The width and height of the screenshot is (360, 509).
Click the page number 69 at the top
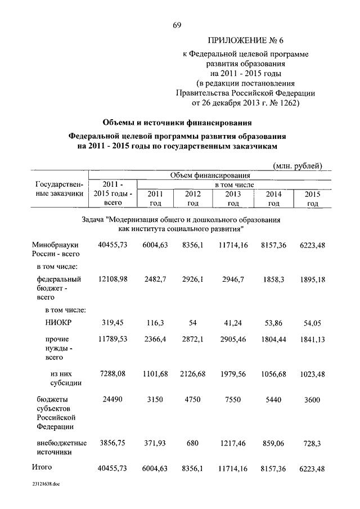coord(177,24)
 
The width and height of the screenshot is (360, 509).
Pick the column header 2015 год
coord(312,199)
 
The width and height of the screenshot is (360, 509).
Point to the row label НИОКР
coord(57,323)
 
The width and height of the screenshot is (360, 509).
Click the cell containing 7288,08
coord(113,373)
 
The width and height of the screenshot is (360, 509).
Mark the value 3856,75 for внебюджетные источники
coord(113,443)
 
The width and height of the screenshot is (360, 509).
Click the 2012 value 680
coord(193,443)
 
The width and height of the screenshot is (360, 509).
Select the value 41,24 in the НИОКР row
coord(233,323)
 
